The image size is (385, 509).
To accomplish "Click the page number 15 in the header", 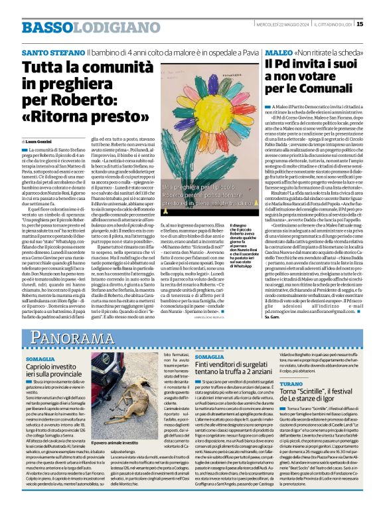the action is [378, 25].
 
